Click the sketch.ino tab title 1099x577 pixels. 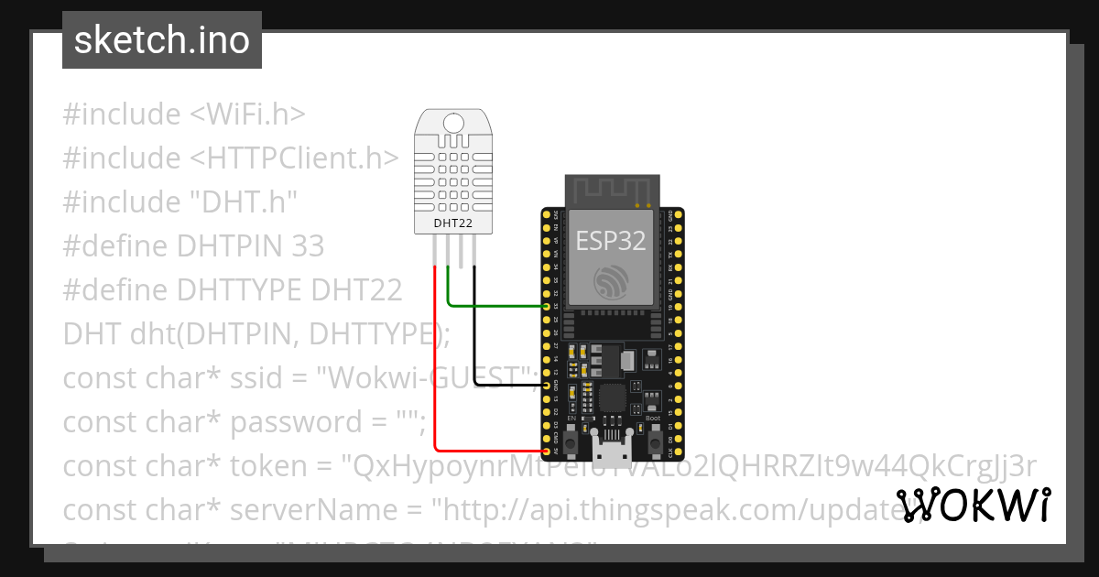(x=161, y=40)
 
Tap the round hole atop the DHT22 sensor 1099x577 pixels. (x=452, y=123)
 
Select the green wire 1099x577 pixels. (x=495, y=305)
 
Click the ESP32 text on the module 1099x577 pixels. (x=611, y=241)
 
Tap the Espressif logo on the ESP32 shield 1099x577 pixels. (x=611, y=282)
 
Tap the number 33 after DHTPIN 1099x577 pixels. (x=307, y=246)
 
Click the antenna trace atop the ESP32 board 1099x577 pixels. (x=612, y=191)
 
